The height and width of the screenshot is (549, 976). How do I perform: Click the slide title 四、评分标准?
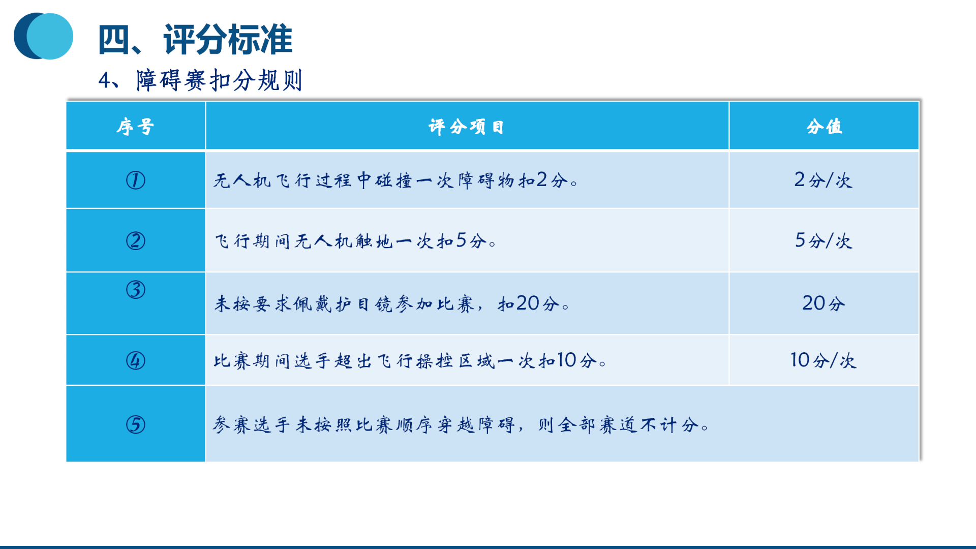[x=195, y=39]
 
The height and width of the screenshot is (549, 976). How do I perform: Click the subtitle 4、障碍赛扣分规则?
[x=200, y=80]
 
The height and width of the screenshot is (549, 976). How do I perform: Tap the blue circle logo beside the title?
[x=43, y=36]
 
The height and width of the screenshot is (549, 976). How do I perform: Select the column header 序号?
[x=135, y=127]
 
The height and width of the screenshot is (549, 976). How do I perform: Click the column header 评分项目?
[x=466, y=127]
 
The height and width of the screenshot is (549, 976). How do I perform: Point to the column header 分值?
[x=824, y=127]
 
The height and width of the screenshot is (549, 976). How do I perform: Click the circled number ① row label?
[x=136, y=180]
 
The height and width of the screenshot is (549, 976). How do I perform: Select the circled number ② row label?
[x=136, y=240]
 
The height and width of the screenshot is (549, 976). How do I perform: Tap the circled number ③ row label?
[x=136, y=289]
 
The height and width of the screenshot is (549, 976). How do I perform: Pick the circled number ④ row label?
[x=136, y=360]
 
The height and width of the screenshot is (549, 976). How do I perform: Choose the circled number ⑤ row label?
[x=136, y=424]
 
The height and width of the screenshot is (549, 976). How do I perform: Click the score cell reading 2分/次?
[x=823, y=180]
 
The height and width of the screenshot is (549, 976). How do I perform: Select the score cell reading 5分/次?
[x=823, y=240]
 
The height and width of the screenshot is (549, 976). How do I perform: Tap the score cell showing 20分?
[x=823, y=303]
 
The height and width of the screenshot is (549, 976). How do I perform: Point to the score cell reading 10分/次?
[x=823, y=360]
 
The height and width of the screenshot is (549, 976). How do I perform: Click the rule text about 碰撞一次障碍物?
[x=396, y=180]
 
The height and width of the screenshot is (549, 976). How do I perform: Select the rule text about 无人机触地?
[x=355, y=240]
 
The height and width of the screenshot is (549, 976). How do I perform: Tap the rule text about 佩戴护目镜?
[x=392, y=303]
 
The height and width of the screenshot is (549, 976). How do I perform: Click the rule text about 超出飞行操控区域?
[x=410, y=360]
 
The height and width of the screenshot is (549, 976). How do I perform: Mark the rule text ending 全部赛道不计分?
[x=461, y=424]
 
